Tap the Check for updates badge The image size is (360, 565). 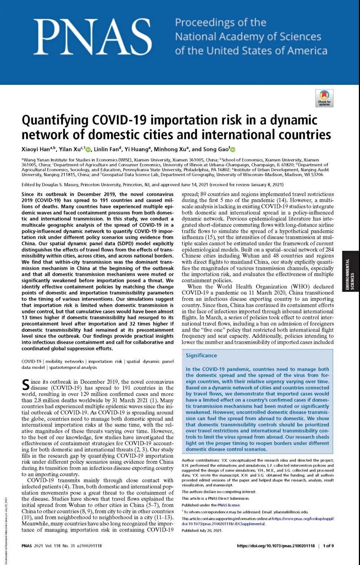click(x=324, y=98)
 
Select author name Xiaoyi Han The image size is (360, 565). click(x=36, y=149)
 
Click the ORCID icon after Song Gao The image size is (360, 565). click(x=233, y=150)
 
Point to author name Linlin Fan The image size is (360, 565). click(x=106, y=149)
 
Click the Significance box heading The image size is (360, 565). click(x=201, y=355)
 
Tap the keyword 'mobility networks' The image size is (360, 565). click(x=64, y=361)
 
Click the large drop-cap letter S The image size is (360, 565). click(x=25, y=385)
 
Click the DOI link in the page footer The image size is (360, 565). click(x=276, y=546)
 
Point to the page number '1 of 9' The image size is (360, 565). click(x=328, y=546)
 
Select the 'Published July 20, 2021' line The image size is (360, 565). click(x=202, y=530)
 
